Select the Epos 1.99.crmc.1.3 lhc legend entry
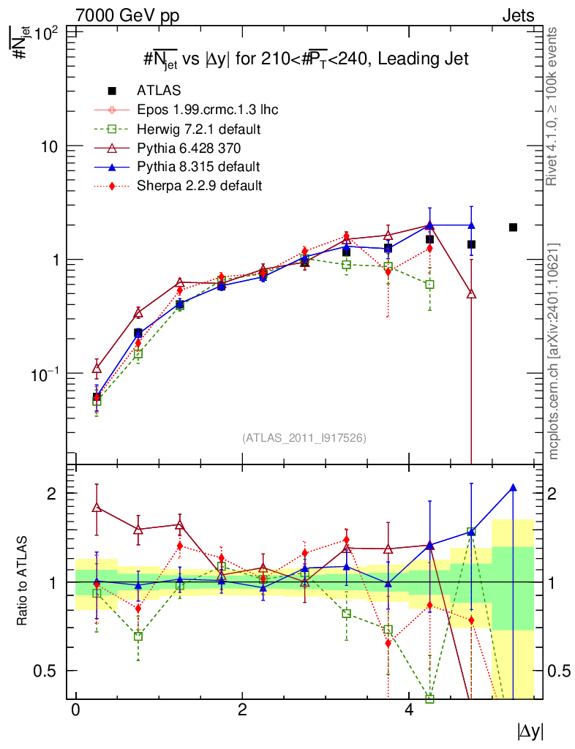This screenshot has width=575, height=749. point(187,110)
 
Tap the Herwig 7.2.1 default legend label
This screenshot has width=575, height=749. point(199,129)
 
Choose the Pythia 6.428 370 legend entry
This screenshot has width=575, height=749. point(168,148)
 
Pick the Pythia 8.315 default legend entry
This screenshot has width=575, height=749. point(177,167)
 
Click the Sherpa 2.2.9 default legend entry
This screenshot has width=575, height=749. point(178,185)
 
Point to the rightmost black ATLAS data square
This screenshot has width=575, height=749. point(513,227)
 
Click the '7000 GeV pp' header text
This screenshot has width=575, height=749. point(127,16)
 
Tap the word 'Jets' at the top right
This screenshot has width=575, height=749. point(518,16)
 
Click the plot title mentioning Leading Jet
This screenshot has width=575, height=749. point(306,59)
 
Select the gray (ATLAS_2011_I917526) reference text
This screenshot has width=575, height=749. point(304,438)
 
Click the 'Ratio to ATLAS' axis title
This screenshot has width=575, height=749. point(22,581)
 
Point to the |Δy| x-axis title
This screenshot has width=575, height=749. point(530,731)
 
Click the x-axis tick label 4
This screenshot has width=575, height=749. point(409,710)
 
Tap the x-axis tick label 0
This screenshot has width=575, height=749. point(75,710)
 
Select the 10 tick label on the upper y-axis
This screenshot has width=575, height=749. point(49,146)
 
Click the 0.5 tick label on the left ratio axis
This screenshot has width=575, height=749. point(45,671)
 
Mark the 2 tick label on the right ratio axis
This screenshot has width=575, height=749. point(552,494)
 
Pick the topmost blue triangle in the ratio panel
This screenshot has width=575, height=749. point(514,488)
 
